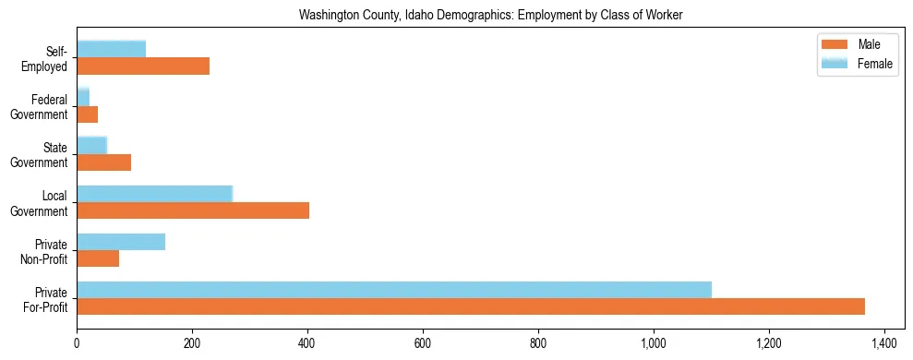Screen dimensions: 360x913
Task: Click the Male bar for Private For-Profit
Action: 471,306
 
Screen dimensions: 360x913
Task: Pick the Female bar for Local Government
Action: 154,194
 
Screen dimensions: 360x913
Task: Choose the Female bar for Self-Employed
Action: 111,49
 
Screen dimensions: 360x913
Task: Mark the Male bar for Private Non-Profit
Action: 98,258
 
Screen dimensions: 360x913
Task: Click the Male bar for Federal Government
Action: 88,114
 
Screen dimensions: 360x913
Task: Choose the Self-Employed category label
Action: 48,59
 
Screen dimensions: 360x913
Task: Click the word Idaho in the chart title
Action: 419,16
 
